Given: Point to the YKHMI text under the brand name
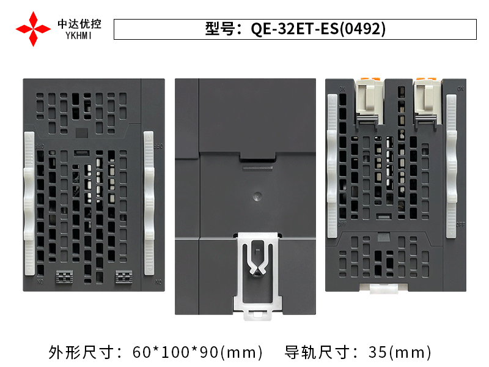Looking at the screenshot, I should click(79, 36).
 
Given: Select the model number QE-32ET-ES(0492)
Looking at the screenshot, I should click(318, 29).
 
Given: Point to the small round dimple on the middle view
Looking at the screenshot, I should click(257, 197).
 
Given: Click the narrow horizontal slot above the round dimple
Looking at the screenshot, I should click(257, 165).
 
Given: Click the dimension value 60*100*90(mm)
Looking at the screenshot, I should click(197, 352).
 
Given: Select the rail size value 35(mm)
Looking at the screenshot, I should click(400, 352).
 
